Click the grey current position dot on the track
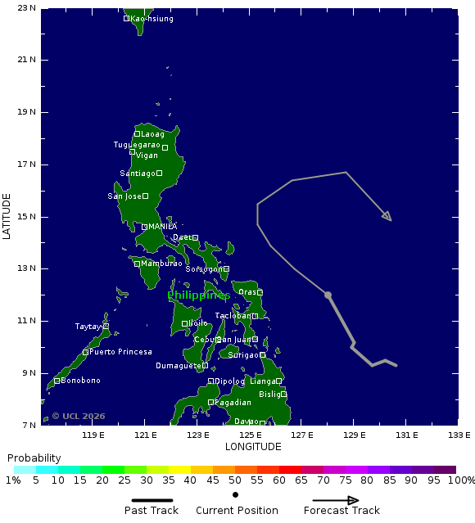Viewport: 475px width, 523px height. (328, 295)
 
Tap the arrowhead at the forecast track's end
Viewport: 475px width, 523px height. (387, 217)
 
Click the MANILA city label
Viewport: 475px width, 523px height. (162, 227)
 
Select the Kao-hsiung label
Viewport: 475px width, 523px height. (152, 18)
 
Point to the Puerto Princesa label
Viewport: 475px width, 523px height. (120, 352)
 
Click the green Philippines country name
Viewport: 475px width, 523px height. (198, 295)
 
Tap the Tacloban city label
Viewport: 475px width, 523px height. (233, 316)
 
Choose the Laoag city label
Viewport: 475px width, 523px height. (152, 134)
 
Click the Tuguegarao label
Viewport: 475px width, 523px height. (137, 145)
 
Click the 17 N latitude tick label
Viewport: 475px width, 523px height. (27, 165)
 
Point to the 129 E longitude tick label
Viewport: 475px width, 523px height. (354, 435)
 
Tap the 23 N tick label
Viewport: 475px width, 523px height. (27, 8)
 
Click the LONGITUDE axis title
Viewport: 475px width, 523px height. (253, 447)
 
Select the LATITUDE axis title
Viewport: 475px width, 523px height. (7, 216)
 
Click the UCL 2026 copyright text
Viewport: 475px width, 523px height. (79, 416)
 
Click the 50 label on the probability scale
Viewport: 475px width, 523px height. (235, 480)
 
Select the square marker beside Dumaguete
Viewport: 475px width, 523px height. (205, 366)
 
